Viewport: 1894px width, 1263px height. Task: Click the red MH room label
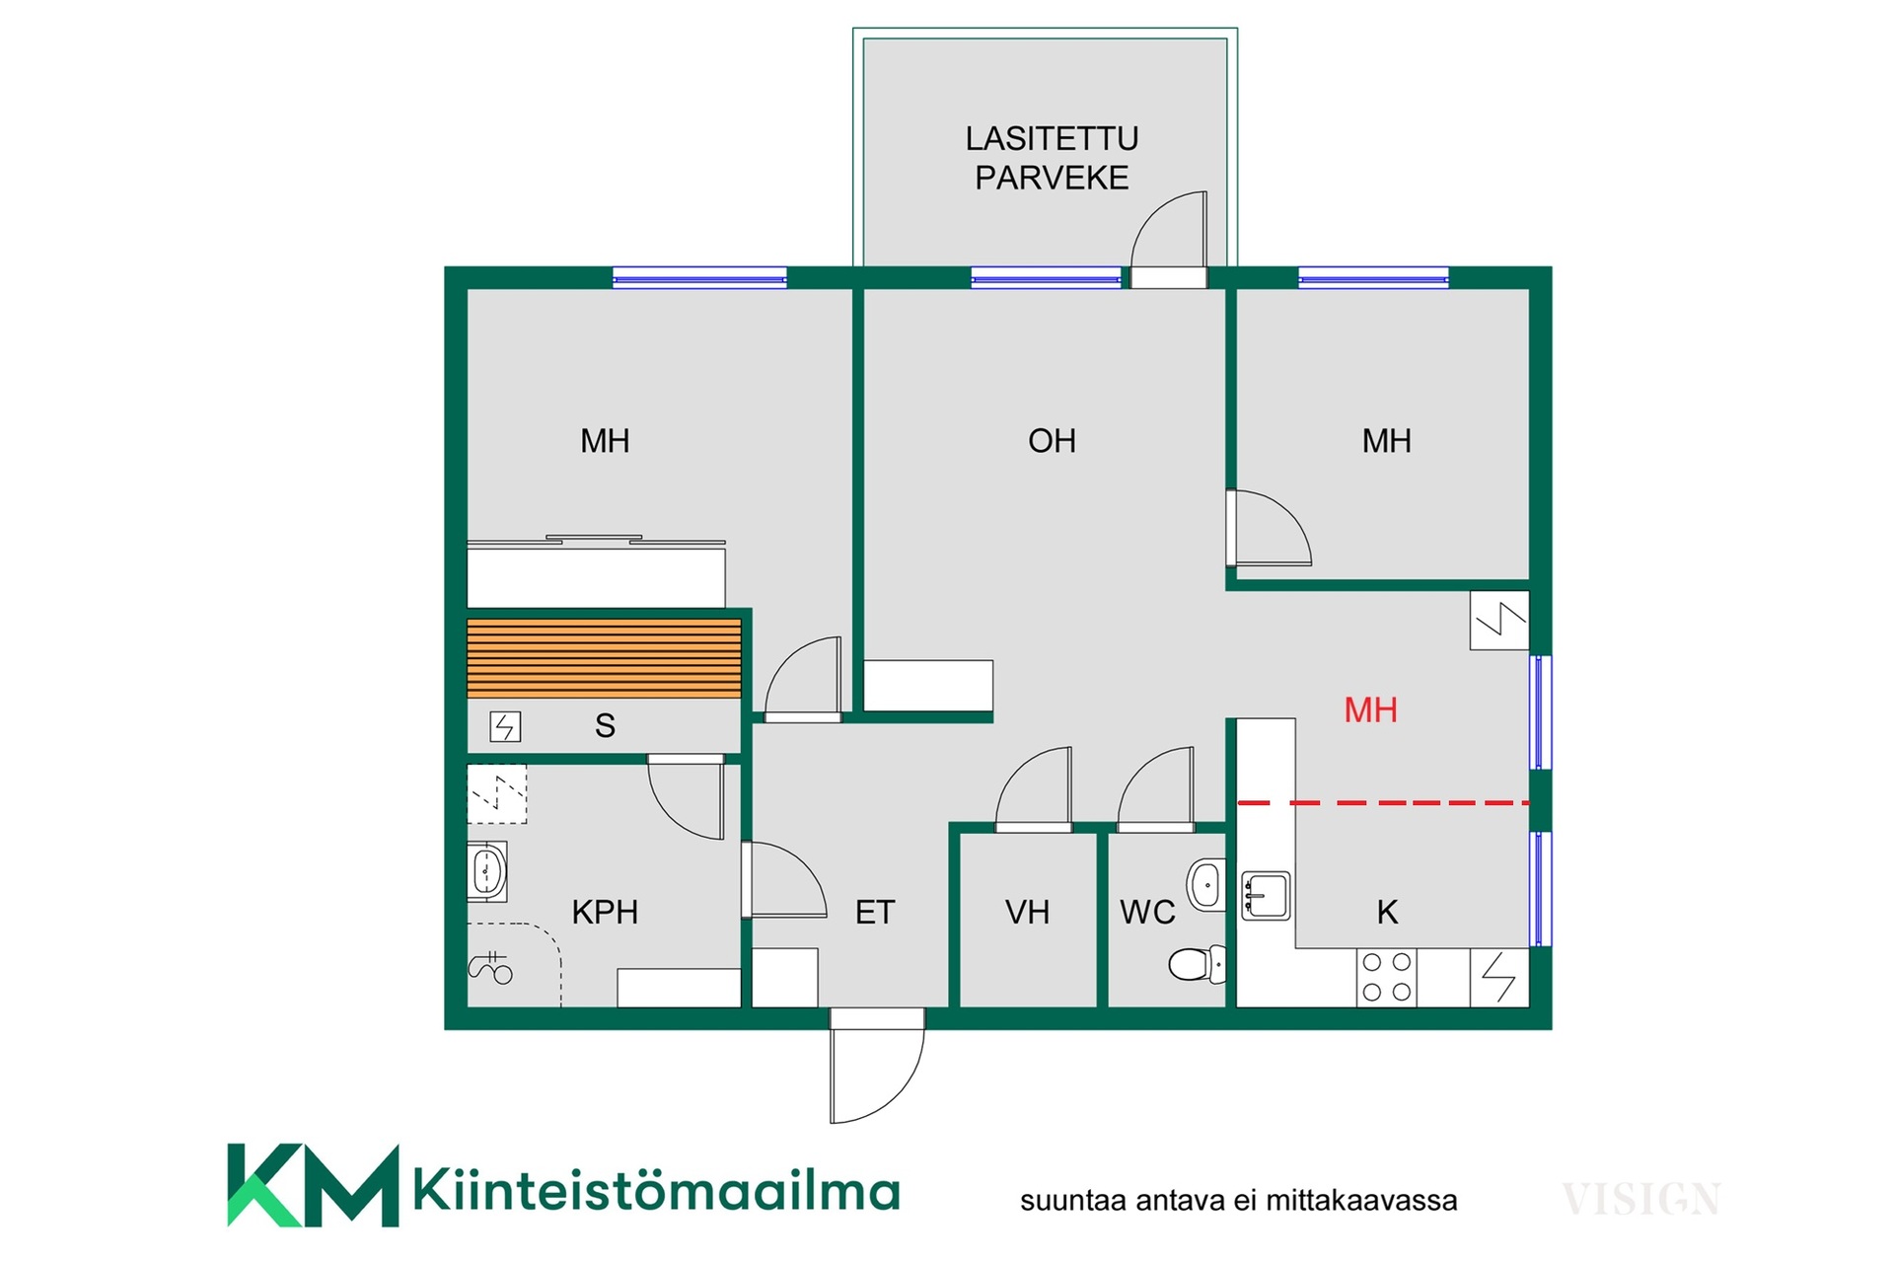coord(1370,709)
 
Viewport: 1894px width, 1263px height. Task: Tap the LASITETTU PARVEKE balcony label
coord(1052,158)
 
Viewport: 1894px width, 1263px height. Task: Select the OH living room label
coord(1052,440)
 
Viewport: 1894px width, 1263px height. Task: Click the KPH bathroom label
coord(605,912)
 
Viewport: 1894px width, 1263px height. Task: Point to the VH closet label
coord(1027,912)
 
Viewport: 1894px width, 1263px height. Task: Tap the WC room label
coord(1147,912)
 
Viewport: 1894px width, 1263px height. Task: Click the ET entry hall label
coord(875,912)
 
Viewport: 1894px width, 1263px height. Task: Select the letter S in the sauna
coord(605,725)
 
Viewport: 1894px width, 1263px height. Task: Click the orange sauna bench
coord(604,658)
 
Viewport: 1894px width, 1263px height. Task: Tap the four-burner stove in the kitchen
coord(1386,977)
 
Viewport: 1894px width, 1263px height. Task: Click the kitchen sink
coord(1266,895)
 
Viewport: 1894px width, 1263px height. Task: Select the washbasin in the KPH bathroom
coord(487,871)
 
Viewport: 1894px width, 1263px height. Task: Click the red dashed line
coord(1383,803)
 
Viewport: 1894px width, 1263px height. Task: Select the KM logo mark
coord(313,1185)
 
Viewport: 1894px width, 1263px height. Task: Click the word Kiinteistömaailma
coord(657,1189)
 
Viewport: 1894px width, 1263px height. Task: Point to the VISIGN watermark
coord(1641,1199)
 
